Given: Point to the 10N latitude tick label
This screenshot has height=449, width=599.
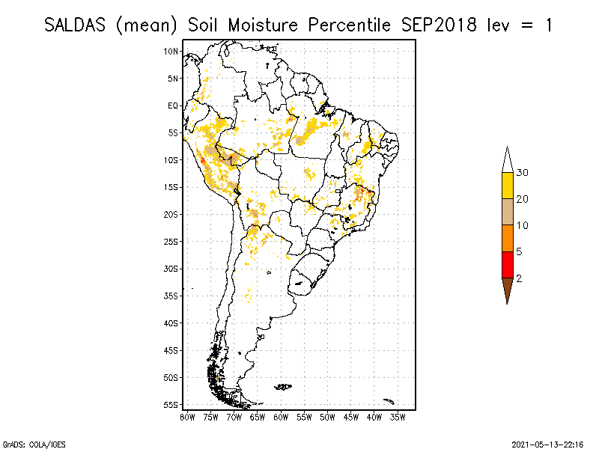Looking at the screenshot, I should tap(171, 51).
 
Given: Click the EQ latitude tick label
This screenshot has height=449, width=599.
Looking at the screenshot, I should tap(173, 106).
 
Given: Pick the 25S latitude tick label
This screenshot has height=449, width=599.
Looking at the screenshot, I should tap(171, 241).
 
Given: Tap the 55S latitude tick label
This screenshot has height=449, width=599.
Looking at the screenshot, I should tap(171, 404).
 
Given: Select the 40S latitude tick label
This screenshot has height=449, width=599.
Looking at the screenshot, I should tap(171, 323).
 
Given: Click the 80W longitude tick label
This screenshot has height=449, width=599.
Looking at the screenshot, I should tap(188, 416).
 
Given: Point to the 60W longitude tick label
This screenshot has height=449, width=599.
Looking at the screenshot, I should tap(282, 416).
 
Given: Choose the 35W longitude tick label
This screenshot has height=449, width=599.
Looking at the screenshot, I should tap(398, 416).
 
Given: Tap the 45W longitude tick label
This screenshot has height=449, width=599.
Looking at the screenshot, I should tap(351, 416).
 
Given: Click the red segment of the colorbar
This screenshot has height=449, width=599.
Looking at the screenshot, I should tap(508, 264).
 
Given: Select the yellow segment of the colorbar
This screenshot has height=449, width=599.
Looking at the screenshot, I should tap(508, 186).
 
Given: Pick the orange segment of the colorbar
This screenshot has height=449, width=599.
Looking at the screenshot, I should tap(508, 238).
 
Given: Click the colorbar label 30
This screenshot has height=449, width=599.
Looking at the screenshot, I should tap(523, 173).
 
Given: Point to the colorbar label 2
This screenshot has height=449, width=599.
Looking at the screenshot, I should tap(519, 278).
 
